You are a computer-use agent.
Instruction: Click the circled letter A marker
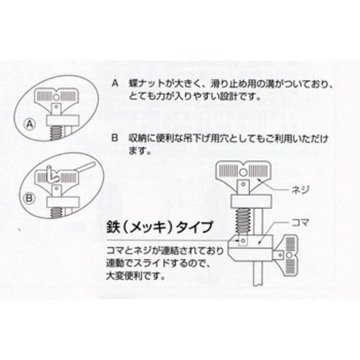click(30, 124)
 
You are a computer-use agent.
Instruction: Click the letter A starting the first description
click(114, 84)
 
